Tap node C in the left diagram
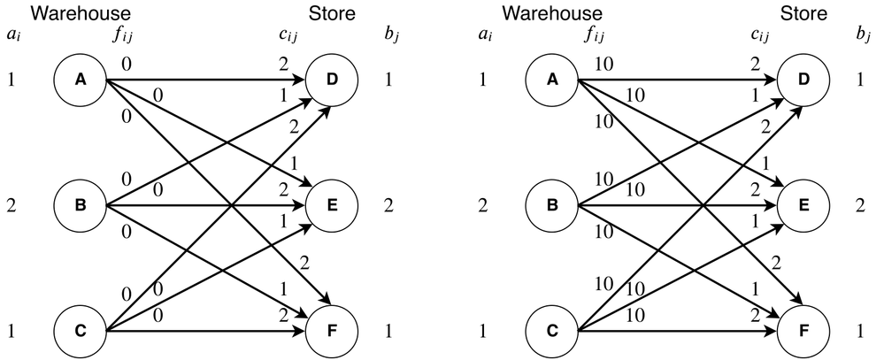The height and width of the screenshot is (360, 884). pyautogui.click(x=81, y=333)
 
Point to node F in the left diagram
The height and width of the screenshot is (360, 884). pyautogui.click(x=332, y=333)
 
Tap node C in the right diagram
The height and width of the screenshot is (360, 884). pyautogui.click(x=551, y=333)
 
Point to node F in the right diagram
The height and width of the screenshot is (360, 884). pyautogui.click(x=803, y=333)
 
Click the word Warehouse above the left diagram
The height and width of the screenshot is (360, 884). pyautogui.click(x=81, y=13)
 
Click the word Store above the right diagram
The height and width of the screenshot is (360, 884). pyautogui.click(x=803, y=13)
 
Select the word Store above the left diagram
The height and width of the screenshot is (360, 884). pyautogui.click(x=332, y=13)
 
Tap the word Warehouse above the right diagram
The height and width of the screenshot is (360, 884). pyautogui.click(x=551, y=13)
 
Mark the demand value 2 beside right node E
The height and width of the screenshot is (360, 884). pyautogui.click(x=864, y=207)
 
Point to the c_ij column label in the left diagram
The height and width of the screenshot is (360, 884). pyautogui.click(x=289, y=36)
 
